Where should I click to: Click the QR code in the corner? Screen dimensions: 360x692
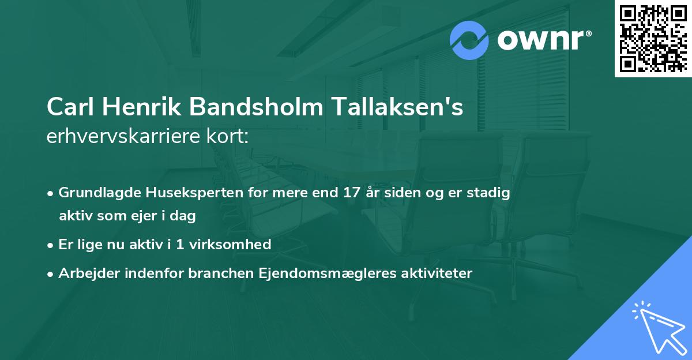[x=653, y=39]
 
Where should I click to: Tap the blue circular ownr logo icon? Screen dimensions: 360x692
[x=469, y=40]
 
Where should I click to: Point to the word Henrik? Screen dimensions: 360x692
[x=141, y=107]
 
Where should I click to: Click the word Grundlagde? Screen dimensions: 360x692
[x=96, y=193]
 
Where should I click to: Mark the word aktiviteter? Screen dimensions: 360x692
[x=437, y=273]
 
